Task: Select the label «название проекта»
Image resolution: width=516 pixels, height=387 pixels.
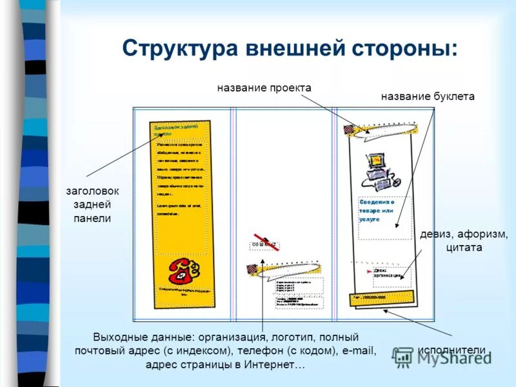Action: coord(264,88)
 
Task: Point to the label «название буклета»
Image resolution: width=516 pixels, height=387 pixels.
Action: coord(427,97)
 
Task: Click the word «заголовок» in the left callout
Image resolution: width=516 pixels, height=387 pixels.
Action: coord(92,192)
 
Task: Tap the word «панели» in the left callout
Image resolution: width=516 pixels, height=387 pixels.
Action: coord(92,219)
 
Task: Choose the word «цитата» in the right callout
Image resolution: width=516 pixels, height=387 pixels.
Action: coord(464,247)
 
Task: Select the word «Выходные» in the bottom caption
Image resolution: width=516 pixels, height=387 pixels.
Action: coord(118,337)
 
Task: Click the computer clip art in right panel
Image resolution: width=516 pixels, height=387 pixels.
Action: coord(377,170)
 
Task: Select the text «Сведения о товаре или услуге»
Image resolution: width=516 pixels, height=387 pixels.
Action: coord(377,210)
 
